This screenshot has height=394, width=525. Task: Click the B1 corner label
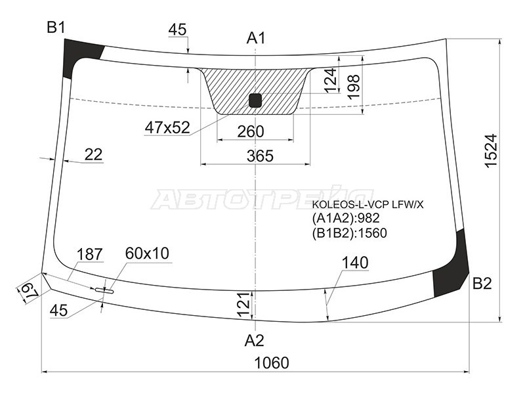pyautogui.click(x=56, y=27)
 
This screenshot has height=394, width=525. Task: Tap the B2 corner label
pyautogui.click(x=482, y=284)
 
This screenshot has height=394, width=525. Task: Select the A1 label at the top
pyautogui.click(x=256, y=38)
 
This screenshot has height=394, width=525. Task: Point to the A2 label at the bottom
pyautogui.click(x=255, y=341)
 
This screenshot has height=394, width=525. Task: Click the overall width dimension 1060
pyautogui.click(x=272, y=363)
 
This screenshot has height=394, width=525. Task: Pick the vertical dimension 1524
pyautogui.click(x=491, y=150)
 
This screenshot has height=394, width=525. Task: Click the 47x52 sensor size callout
pyautogui.click(x=167, y=127)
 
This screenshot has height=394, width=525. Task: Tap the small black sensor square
pyautogui.click(x=255, y=100)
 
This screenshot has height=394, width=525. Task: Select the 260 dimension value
pyautogui.click(x=251, y=132)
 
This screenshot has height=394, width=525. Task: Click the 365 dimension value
pyautogui.click(x=260, y=156)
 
